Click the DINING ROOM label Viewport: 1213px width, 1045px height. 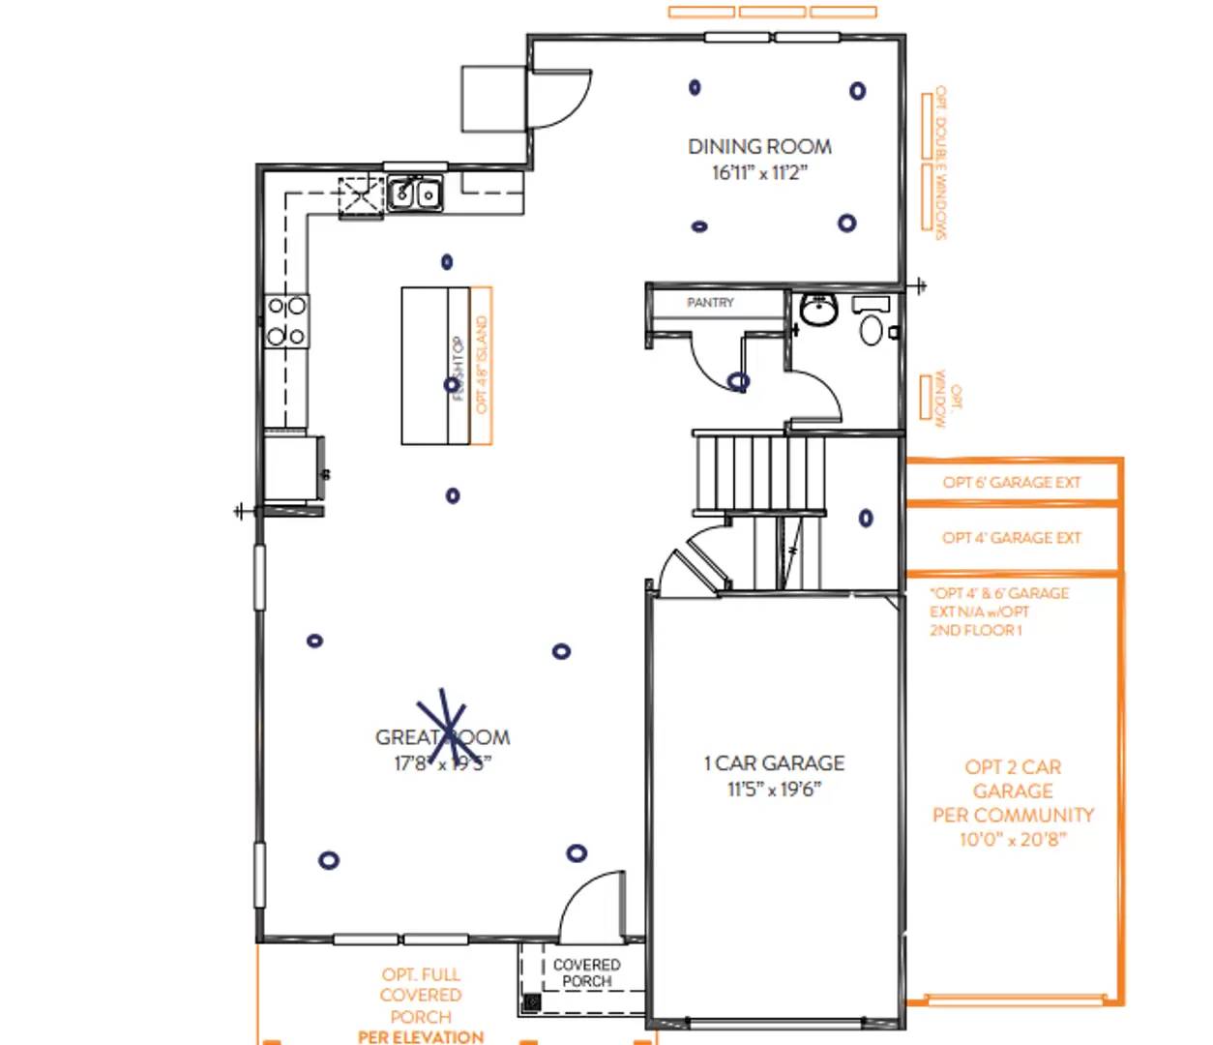(x=759, y=146)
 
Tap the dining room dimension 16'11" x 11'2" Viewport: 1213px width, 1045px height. (x=759, y=173)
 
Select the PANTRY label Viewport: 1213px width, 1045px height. (x=710, y=303)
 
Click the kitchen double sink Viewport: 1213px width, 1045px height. (x=416, y=194)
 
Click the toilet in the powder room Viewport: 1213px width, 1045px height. (x=872, y=325)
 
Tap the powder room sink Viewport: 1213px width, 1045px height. (x=819, y=311)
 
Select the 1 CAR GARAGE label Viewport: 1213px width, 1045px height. (x=774, y=763)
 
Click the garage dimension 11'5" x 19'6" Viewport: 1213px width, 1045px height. (x=774, y=790)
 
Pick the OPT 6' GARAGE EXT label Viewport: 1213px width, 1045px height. (x=1012, y=482)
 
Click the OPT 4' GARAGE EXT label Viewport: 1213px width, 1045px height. (x=1012, y=538)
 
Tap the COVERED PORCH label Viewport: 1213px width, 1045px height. (x=587, y=972)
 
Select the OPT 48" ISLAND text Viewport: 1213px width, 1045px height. (x=482, y=366)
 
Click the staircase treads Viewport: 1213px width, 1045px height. (x=759, y=472)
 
